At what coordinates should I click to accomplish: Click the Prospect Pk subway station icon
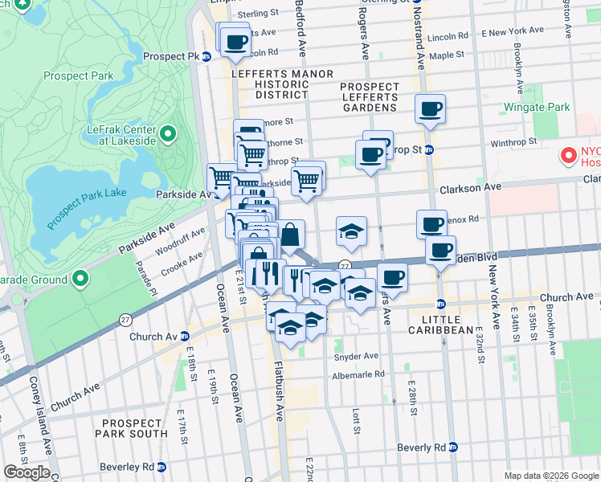click(x=206, y=57)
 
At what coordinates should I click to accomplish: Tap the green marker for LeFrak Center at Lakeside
click(x=168, y=133)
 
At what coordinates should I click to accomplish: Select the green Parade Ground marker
click(x=80, y=279)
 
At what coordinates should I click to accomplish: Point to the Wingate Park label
click(x=536, y=107)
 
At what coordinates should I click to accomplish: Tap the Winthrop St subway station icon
click(x=429, y=149)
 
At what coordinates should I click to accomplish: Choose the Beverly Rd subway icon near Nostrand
click(x=454, y=447)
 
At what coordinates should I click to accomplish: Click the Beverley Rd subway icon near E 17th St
click(x=161, y=466)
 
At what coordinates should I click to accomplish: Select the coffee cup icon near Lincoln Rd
click(x=236, y=42)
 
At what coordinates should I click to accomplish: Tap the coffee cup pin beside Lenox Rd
click(x=431, y=223)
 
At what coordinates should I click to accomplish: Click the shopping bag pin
click(x=291, y=235)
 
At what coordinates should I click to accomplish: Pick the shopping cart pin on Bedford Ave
click(x=306, y=181)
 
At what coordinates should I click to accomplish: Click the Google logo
click(x=27, y=472)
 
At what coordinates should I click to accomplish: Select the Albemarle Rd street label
click(x=357, y=374)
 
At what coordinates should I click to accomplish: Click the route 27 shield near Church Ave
click(x=125, y=319)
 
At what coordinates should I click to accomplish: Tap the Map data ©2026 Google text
click(x=551, y=476)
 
